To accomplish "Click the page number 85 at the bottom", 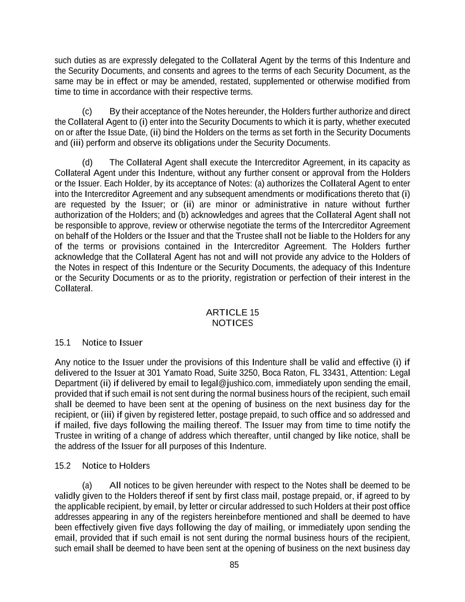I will [234, 565].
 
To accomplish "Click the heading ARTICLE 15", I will [232, 313].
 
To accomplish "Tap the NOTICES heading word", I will [232, 323].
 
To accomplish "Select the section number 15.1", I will [63, 343].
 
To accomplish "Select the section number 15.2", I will [63, 466].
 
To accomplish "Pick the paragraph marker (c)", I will [87, 112].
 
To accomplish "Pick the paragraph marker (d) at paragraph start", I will [87, 163].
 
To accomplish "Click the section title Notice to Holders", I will [116, 466].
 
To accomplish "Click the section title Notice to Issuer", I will [112, 343].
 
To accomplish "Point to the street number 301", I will [154, 373].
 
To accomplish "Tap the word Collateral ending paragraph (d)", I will [73, 288].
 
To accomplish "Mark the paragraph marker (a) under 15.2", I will [87, 486].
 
